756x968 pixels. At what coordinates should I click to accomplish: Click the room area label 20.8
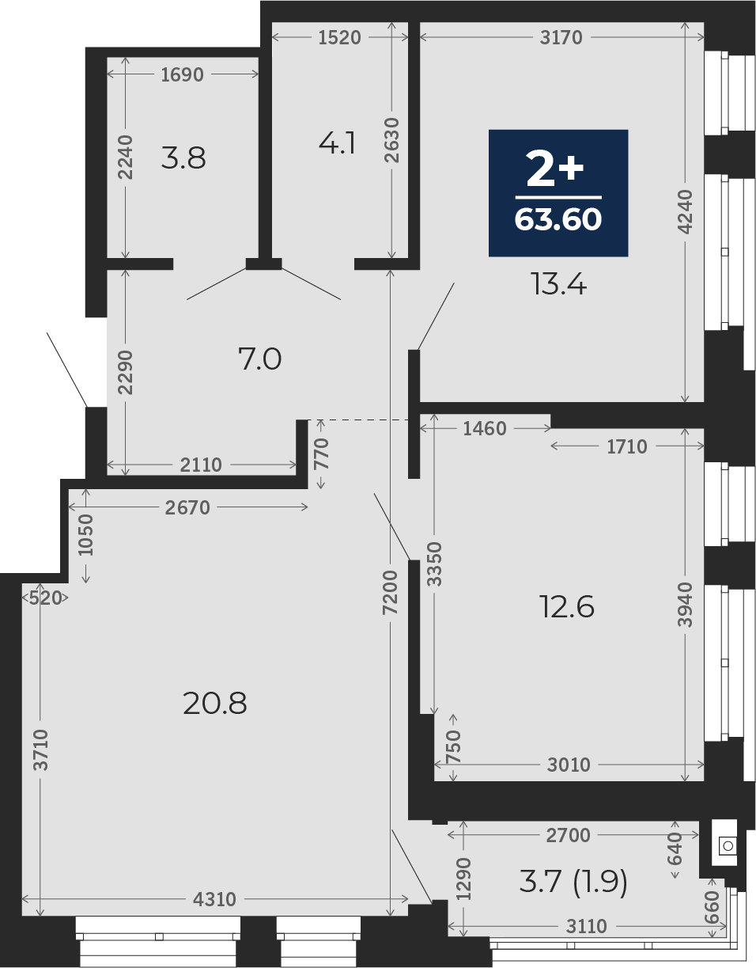click(x=214, y=704)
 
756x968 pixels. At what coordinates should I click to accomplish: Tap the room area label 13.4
click(x=559, y=284)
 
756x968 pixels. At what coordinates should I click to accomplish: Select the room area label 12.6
click(x=567, y=607)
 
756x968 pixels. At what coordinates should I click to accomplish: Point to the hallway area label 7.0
click(x=260, y=359)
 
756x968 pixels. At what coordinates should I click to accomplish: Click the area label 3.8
click(x=183, y=158)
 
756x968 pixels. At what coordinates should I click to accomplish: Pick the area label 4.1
click(x=338, y=144)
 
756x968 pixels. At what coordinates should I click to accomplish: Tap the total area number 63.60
click(x=558, y=219)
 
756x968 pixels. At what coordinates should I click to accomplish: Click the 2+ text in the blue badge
click(x=554, y=169)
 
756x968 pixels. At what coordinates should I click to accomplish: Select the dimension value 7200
click(x=390, y=593)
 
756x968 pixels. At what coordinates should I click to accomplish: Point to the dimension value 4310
click(x=214, y=899)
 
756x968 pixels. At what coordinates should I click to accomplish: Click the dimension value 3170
click(x=561, y=38)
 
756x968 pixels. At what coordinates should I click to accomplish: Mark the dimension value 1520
click(x=339, y=38)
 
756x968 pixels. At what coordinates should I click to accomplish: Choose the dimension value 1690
click(x=183, y=75)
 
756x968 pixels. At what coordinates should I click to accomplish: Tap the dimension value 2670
click(x=187, y=508)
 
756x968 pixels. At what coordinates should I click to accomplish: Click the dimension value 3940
click(x=686, y=605)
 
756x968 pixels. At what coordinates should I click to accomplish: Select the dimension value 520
click(x=45, y=598)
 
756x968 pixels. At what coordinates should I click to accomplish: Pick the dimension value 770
click(x=321, y=454)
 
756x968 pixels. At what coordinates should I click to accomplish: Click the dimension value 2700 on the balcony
click(x=569, y=836)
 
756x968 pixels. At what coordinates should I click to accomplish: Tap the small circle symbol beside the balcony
click(x=728, y=845)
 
